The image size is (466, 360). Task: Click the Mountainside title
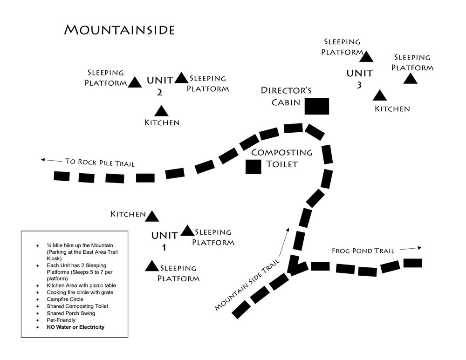pos(119,30)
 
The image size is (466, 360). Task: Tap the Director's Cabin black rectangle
pos(317,106)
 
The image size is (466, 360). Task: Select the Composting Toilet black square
pos(254,167)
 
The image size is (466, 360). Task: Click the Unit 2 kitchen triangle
pos(161,111)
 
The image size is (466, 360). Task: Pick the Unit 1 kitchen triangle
pos(152,216)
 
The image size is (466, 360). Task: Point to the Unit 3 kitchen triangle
pos(380,96)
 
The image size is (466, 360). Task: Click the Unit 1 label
pos(164,240)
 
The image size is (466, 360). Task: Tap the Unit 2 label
pos(160,85)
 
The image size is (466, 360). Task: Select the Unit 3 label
pos(359,78)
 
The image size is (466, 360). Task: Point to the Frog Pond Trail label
pos(363,251)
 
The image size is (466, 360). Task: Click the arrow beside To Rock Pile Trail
pos(51,160)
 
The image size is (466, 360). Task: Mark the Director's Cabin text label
pos(285,96)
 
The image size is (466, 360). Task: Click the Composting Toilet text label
pos(281,158)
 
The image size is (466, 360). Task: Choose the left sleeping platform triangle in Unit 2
pos(135,82)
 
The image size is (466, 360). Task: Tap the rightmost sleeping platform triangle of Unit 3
pos(410,79)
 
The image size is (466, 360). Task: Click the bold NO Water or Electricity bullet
pos(75,327)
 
